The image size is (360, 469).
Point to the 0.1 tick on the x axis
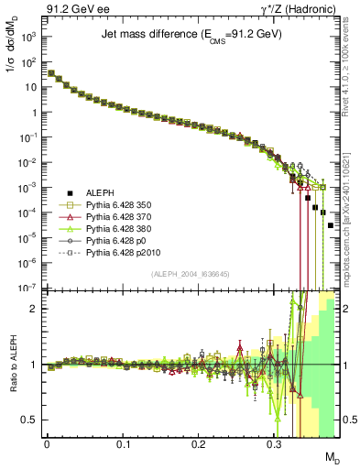(123, 444)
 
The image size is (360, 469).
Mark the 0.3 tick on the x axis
(274, 444)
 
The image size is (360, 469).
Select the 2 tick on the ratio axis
(37, 309)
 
